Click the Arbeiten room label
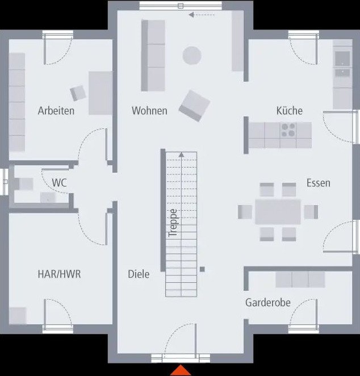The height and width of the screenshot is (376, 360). click(x=56, y=111)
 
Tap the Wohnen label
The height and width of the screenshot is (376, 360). click(x=149, y=111)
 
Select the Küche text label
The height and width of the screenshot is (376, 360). click(x=290, y=111)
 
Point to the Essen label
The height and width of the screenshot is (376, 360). click(x=318, y=183)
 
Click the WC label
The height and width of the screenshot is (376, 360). click(x=59, y=183)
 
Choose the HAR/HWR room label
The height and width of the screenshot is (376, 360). click(x=59, y=274)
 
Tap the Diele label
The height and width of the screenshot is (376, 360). click(x=139, y=274)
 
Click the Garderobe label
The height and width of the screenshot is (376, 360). click(x=267, y=302)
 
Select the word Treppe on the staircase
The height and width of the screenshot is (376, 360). click(x=173, y=223)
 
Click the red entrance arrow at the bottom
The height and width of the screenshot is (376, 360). click(x=181, y=370)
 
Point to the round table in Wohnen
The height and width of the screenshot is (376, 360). click(x=192, y=56)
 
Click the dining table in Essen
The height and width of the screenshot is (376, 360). click(x=278, y=211)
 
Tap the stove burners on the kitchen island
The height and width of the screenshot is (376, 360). click(x=288, y=130)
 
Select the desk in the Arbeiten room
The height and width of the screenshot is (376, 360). click(x=100, y=93)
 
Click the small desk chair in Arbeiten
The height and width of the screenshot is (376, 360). click(x=78, y=93)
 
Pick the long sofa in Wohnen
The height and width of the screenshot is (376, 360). click(x=152, y=55)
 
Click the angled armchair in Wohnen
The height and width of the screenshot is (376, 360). click(x=194, y=105)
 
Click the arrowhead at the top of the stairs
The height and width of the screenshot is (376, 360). click(x=181, y=154)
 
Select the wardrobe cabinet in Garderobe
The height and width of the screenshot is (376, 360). click(x=300, y=279)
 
